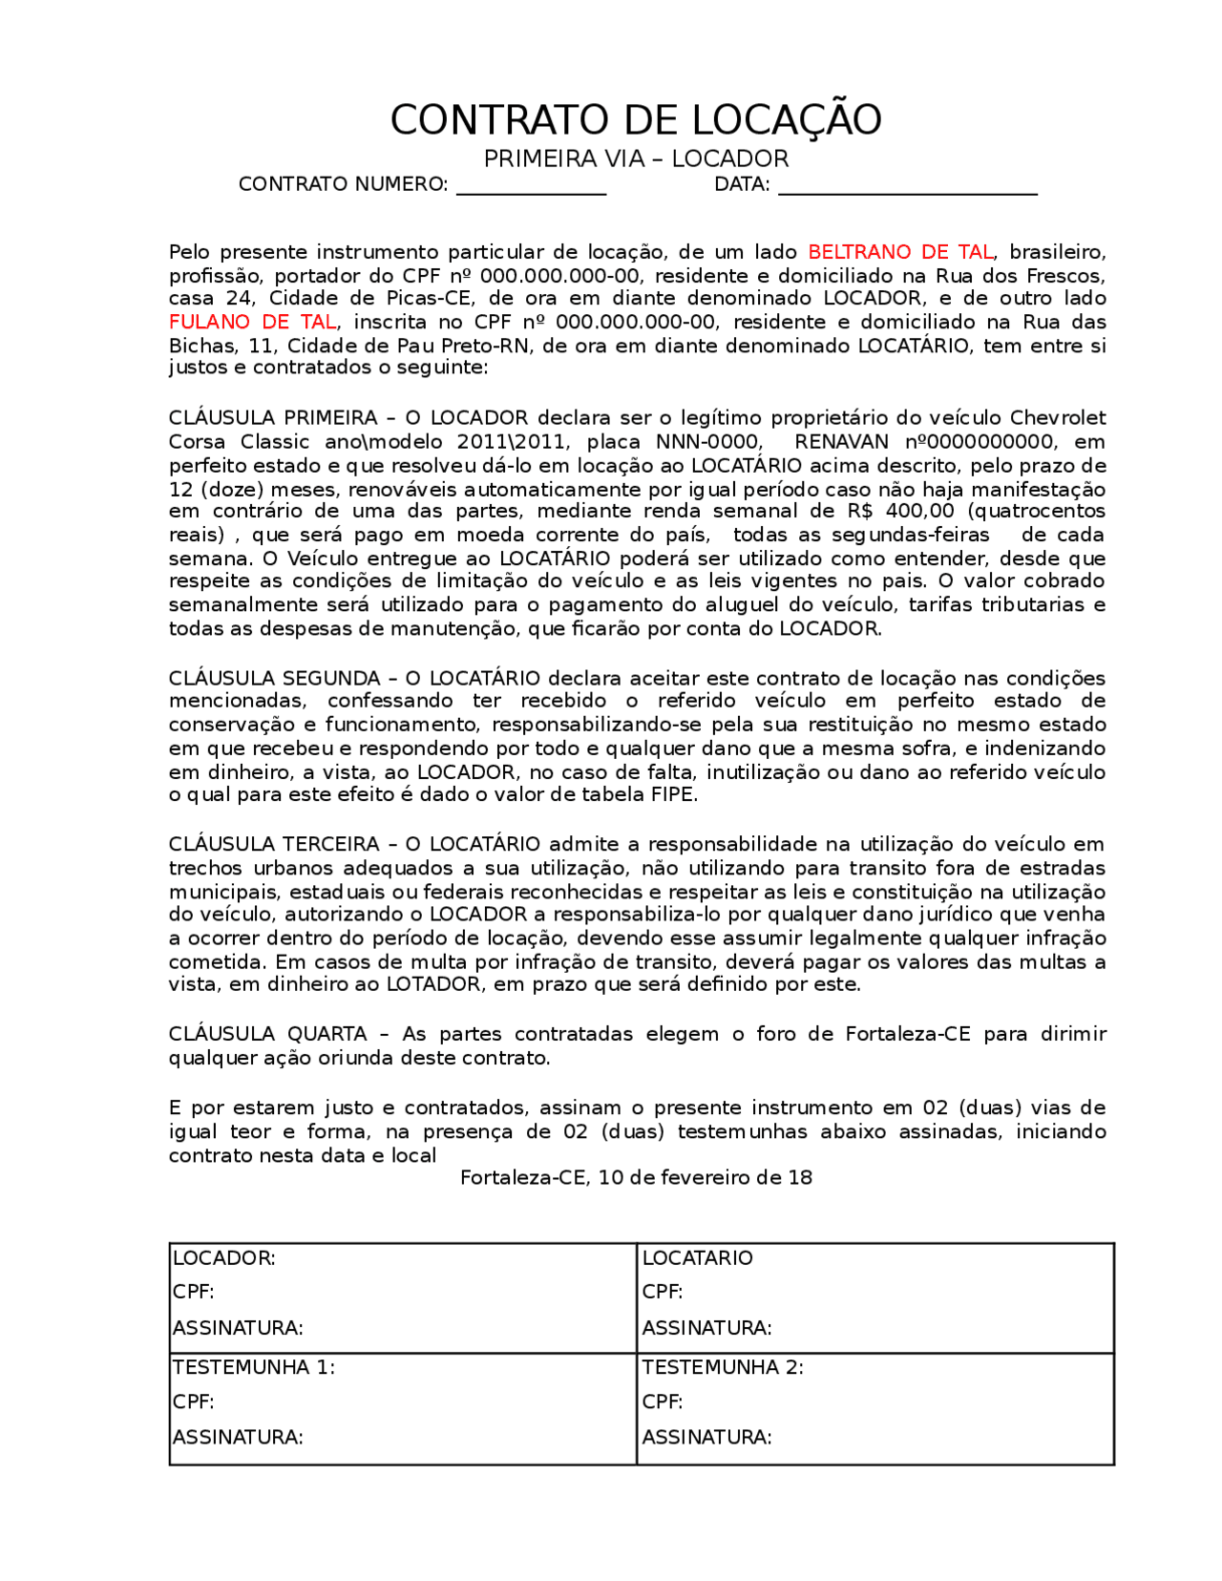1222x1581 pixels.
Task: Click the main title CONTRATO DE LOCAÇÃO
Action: pos(636,120)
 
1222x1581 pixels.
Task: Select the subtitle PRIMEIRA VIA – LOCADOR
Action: pos(636,158)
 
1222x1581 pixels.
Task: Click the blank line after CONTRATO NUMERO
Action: pos(531,187)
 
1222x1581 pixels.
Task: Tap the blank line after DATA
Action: pos(907,187)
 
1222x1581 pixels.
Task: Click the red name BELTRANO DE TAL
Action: pos(900,252)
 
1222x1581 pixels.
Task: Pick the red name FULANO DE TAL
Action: pos(252,323)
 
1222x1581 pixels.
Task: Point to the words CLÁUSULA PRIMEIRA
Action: pos(273,418)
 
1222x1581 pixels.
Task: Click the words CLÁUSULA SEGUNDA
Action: pos(275,679)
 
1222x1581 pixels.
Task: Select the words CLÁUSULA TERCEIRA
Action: pos(274,845)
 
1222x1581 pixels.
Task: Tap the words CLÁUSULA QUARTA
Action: pos(267,1034)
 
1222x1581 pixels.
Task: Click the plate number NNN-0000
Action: pos(708,442)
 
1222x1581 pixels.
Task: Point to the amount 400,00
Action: pos(919,512)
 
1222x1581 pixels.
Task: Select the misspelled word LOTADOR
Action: pos(434,984)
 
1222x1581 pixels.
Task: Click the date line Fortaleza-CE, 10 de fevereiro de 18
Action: pos(636,1178)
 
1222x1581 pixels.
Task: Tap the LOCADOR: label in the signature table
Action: pos(224,1258)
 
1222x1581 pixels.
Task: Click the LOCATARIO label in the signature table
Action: pos(698,1258)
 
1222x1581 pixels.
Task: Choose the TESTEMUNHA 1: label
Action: pos(254,1367)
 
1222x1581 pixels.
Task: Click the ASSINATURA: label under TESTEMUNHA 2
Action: pos(707,1437)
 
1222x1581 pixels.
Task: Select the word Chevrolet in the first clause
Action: pos(1058,418)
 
